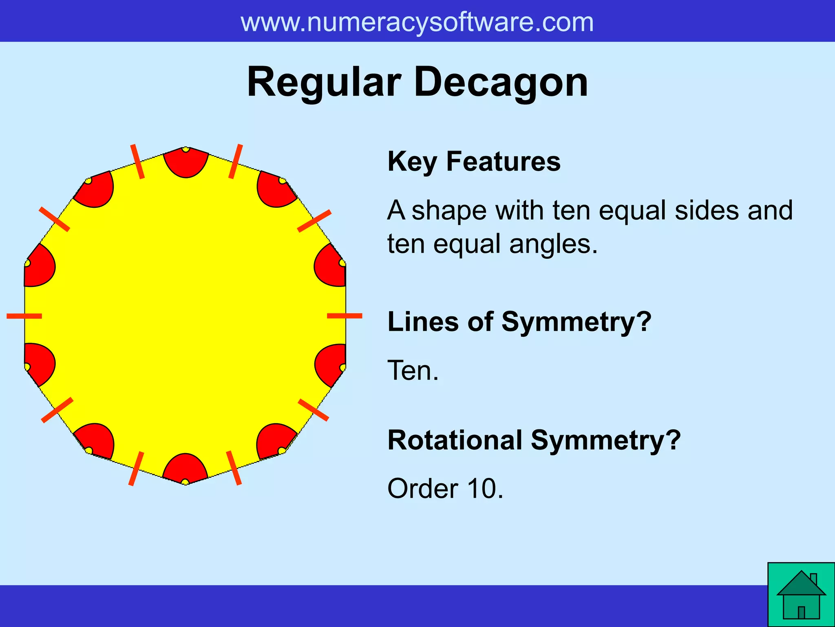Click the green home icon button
801,595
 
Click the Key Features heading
474,161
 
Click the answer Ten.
413,370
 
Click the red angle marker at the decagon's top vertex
186,163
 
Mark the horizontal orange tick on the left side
24,316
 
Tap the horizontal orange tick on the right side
345,316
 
